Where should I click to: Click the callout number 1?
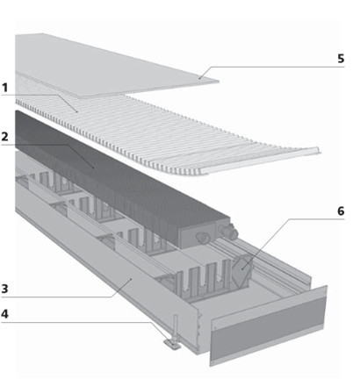pos(4,88)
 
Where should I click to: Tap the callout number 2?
pos(4,137)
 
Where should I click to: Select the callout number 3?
pos(4,289)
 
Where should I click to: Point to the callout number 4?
pos(4,314)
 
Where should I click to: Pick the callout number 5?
pos(341,59)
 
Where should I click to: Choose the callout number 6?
pos(341,211)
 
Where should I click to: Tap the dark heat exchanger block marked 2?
pos(117,175)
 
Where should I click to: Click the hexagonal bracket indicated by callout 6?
pos(241,268)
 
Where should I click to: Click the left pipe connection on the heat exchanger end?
pos(202,237)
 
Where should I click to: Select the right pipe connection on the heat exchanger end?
pos(229,231)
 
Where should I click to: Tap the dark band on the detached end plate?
pos(268,327)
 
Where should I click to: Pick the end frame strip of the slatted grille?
pos(261,161)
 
